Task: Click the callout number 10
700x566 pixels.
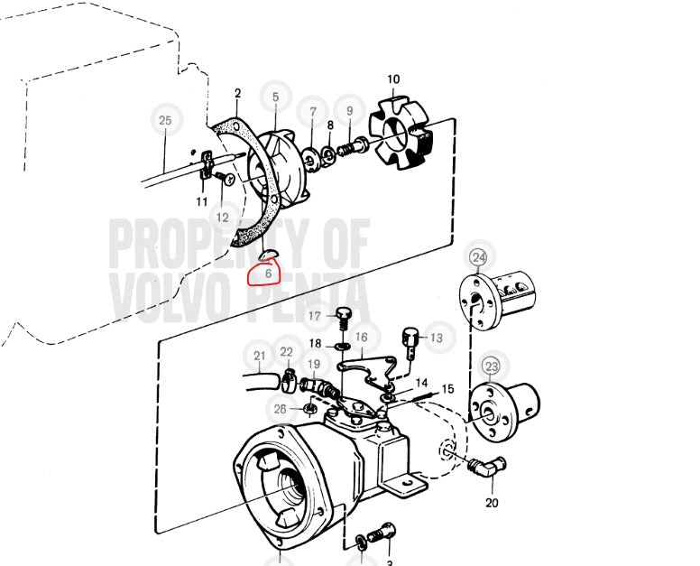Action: (393, 79)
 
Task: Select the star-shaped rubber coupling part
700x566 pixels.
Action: (399, 133)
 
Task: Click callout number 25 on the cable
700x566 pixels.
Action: (165, 120)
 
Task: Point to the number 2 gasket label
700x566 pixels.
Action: (237, 93)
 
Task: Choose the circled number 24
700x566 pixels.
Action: (479, 257)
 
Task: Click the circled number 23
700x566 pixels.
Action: (492, 367)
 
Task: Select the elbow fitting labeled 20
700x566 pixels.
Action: (486, 467)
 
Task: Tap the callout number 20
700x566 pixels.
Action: (492, 503)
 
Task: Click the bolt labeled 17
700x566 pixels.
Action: (343, 317)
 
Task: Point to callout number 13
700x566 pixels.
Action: (437, 338)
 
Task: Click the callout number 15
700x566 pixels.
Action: (447, 389)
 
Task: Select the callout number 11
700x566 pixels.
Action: (202, 202)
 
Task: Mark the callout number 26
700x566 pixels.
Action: (280, 409)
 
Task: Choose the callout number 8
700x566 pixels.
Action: (330, 125)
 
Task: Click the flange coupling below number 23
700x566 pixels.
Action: (503, 412)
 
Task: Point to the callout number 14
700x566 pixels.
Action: (421, 383)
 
